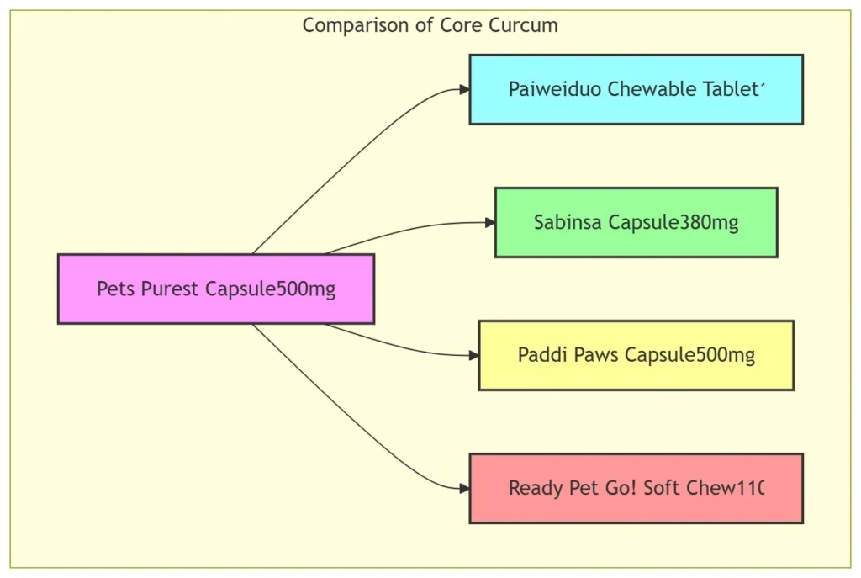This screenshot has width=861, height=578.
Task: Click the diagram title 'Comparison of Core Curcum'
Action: tap(430, 25)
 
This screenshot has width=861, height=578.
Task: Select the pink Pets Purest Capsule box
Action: tap(215, 289)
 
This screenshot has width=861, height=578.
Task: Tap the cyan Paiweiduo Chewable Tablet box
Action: tap(636, 89)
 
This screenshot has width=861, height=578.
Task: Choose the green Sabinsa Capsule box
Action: tap(636, 222)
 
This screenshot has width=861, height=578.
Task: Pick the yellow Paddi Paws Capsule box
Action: tap(636, 355)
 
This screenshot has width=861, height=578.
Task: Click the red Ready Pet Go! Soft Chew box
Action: tap(636, 488)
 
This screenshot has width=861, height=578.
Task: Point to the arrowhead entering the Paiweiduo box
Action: tap(464, 89)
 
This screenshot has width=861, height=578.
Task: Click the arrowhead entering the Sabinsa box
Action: tap(489, 222)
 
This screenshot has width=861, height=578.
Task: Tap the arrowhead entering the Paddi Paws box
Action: tap(473, 355)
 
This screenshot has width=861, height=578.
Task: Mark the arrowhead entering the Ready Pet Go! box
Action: tap(464, 488)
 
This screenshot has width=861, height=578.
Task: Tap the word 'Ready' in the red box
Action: tap(532, 488)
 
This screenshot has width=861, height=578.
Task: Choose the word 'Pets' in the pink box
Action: tap(114, 289)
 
